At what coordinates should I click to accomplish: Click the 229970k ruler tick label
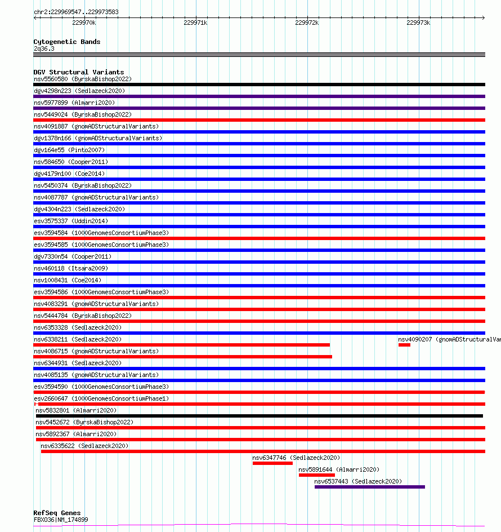click(84, 23)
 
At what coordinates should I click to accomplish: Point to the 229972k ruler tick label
click(307, 23)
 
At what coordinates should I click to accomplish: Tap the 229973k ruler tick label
click(418, 23)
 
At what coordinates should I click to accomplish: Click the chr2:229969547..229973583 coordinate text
click(76, 12)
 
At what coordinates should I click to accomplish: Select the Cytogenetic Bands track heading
click(67, 42)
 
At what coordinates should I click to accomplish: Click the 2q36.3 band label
click(44, 49)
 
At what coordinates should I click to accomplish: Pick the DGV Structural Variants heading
click(79, 72)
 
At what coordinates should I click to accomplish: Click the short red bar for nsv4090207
click(404, 345)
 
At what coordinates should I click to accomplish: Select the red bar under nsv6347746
click(272, 463)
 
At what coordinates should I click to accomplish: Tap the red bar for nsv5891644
click(316, 475)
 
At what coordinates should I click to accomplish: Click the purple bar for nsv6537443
click(369, 487)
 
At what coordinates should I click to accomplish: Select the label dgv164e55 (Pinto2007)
click(69, 150)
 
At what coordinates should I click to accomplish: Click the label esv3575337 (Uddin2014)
click(71, 221)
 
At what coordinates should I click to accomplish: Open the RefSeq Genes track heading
click(57, 513)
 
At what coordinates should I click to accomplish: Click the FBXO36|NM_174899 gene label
click(61, 520)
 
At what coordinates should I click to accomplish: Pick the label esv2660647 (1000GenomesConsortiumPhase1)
click(101, 398)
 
